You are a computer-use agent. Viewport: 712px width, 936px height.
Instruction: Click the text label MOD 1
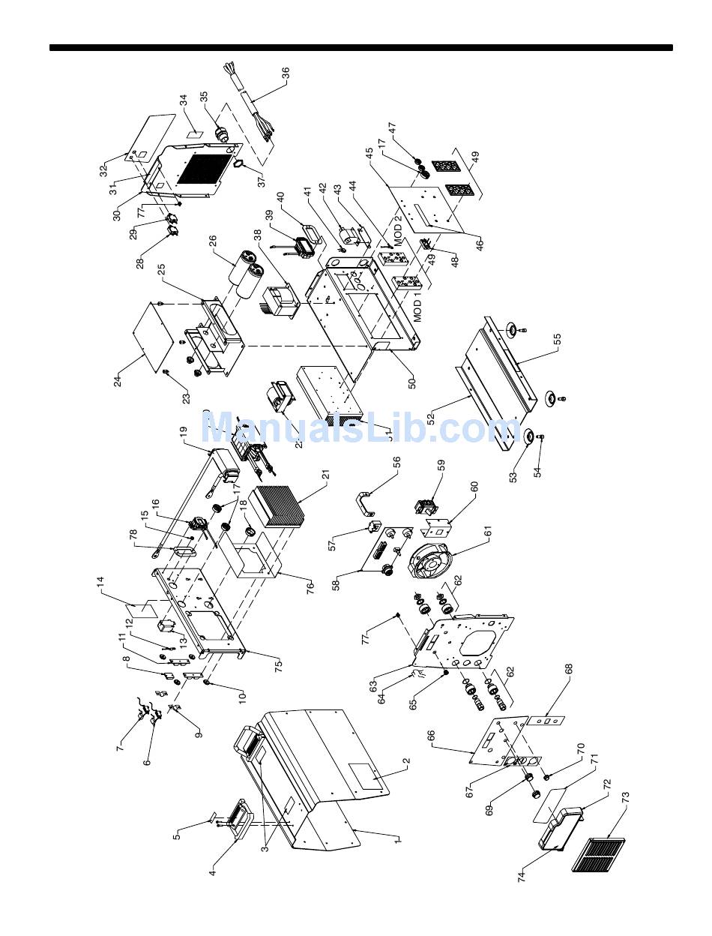point(419,308)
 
